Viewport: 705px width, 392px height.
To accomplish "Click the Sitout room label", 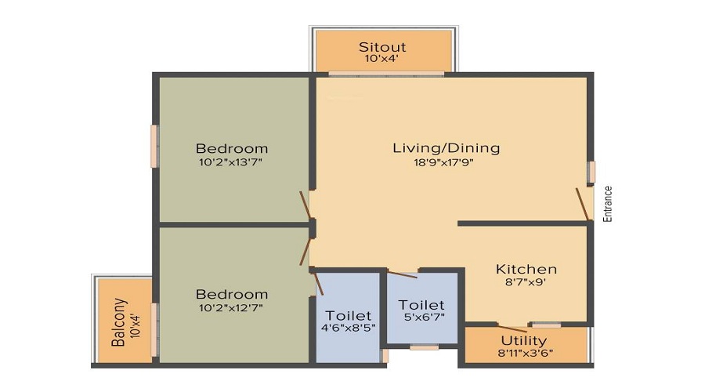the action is [x=382, y=47].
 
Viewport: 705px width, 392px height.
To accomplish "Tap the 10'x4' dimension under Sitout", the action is [x=381, y=59].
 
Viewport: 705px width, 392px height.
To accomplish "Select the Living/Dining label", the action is [x=446, y=148].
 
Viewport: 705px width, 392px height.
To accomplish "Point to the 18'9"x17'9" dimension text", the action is [x=443, y=162].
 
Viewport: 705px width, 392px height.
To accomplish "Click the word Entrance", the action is [x=607, y=204].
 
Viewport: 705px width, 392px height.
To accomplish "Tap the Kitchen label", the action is [x=526, y=269].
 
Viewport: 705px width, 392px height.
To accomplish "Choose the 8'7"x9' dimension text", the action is [x=526, y=282].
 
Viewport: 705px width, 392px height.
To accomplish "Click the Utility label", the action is [x=524, y=341].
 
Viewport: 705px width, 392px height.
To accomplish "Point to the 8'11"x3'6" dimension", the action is [x=525, y=353].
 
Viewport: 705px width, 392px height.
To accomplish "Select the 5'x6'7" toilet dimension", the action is [x=424, y=317].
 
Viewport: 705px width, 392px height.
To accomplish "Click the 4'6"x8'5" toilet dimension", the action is [x=348, y=327].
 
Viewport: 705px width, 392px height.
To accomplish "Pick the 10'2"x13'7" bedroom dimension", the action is [x=230, y=162].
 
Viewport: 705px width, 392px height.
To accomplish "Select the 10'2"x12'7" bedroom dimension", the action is [x=230, y=308].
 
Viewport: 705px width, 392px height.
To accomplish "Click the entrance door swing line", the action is [x=582, y=205].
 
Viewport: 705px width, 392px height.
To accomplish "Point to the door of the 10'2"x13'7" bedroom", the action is [x=305, y=206].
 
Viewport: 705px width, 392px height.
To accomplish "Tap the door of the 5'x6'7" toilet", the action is [x=403, y=274].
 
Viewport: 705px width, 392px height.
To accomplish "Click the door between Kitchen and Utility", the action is [x=512, y=328].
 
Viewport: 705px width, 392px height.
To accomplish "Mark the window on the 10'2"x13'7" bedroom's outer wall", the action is [x=154, y=147].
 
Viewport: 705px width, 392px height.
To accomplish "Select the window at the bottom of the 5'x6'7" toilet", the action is [x=424, y=347].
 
